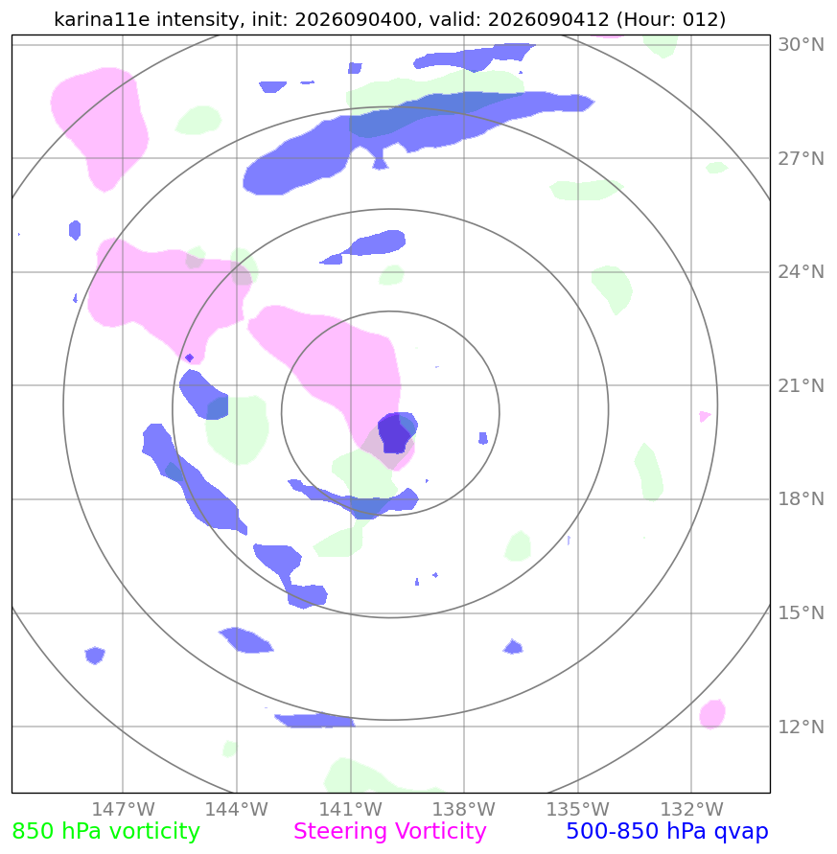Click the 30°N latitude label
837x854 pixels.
coord(801,45)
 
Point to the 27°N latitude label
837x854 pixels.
coord(801,158)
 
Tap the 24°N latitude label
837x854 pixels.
coord(801,272)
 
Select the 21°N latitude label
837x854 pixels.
coord(801,385)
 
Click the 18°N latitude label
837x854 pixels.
coord(801,499)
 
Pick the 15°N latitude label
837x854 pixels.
coord(801,612)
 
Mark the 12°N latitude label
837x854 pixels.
coord(801,727)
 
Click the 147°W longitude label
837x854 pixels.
coord(123,809)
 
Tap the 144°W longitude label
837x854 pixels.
coord(237,809)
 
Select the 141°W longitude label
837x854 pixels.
coord(350,809)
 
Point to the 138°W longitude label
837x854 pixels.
coord(464,809)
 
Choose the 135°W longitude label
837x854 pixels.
coord(577,809)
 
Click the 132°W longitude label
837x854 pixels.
coord(691,809)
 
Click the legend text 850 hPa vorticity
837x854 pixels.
coord(105,832)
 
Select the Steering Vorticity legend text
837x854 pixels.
coord(389,832)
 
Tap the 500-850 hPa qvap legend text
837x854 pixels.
coord(667,832)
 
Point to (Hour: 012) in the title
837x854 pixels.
coord(671,19)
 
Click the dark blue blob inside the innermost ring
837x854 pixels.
coord(394,433)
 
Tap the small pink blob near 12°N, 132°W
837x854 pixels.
coord(712,714)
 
